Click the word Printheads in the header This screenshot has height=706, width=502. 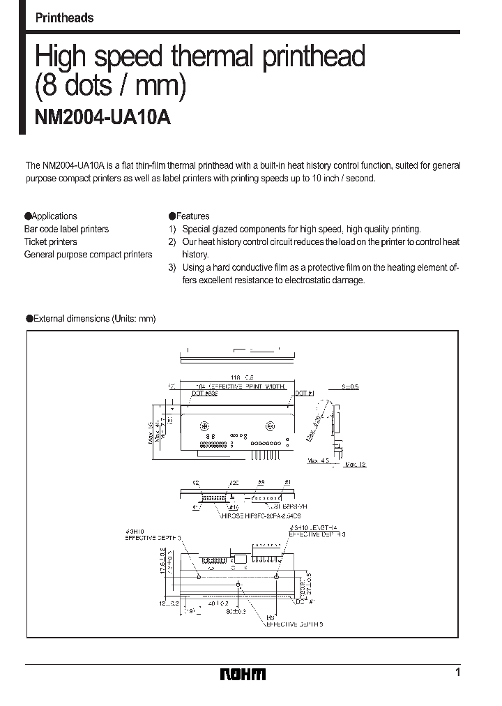pyautogui.click(x=64, y=18)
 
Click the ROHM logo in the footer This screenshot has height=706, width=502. pyautogui.click(x=243, y=674)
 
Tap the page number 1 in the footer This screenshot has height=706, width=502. pyautogui.click(x=457, y=673)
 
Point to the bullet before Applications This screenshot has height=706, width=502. pyautogui.click(x=28, y=216)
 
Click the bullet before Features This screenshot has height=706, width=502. pyautogui.click(x=172, y=216)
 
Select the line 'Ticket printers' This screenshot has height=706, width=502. pyautogui.click(x=51, y=242)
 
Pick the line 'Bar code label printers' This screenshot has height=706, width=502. pyautogui.click(x=67, y=229)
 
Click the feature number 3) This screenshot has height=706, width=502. pyautogui.click(x=172, y=267)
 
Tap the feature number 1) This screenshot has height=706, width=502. pyautogui.click(x=172, y=229)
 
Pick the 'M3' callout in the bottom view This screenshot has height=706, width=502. pyautogui.click(x=270, y=618)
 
